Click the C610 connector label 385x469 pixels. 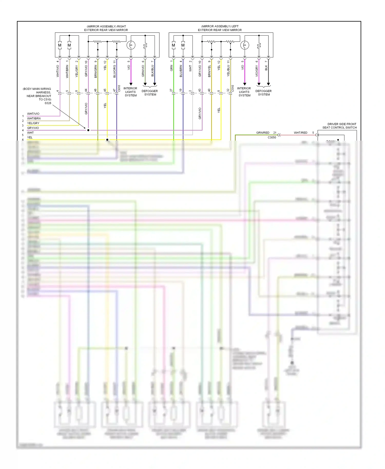coord(119,88)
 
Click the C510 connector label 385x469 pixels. coord(233,88)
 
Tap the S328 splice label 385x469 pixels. coord(48,103)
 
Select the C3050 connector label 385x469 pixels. coord(272,138)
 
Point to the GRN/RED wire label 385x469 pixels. coord(263,133)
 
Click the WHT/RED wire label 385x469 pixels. coord(300,133)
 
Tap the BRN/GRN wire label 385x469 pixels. coord(95,71)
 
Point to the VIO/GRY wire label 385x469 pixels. coord(256,71)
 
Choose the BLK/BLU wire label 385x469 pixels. coord(152,71)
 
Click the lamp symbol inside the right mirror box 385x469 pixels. coord(131,45)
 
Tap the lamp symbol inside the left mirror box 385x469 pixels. coord(245,45)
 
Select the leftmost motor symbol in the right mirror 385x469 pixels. coord(60,45)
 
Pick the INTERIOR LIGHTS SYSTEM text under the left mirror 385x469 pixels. coord(244,92)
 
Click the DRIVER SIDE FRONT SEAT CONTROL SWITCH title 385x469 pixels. coord(339,126)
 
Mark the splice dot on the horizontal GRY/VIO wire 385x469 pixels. coord(88,130)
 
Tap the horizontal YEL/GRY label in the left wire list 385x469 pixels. coord(33,123)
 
